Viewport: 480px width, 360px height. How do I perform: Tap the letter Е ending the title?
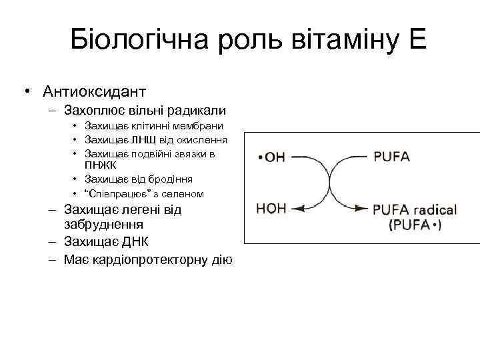pyautogui.click(x=418, y=41)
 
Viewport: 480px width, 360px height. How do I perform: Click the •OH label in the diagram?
pyautogui.click(x=271, y=158)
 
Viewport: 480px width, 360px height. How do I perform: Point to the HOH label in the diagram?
pyautogui.click(x=271, y=209)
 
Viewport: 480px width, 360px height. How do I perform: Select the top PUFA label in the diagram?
pyautogui.click(x=391, y=158)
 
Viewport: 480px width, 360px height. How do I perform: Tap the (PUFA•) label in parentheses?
pyautogui.click(x=415, y=225)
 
